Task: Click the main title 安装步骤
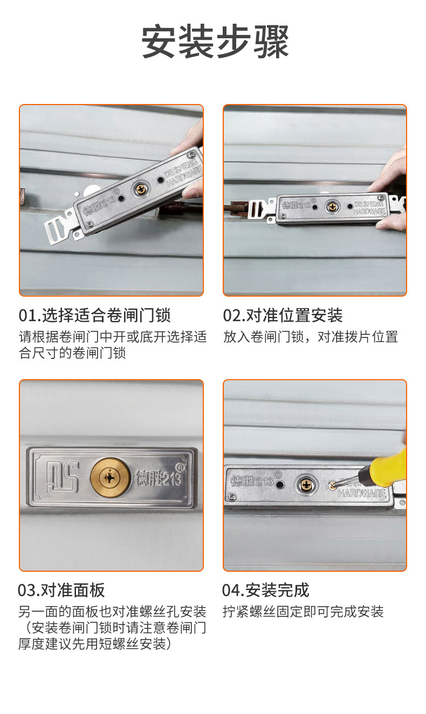coord(215,42)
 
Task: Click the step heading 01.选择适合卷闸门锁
coord(94,315)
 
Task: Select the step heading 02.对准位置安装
coord(283,315)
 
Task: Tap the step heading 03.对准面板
coord(61,590)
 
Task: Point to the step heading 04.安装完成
coord(266,590)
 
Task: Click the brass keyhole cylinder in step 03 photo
coord(110,477)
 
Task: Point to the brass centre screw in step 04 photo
coord(306,483)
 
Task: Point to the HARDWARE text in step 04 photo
coord(362,493)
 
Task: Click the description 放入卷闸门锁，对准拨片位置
coord(311,337)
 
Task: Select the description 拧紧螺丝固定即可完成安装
coord(303,612)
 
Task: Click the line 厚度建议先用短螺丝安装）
coord(96,643)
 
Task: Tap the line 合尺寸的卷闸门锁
coord(72,353)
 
